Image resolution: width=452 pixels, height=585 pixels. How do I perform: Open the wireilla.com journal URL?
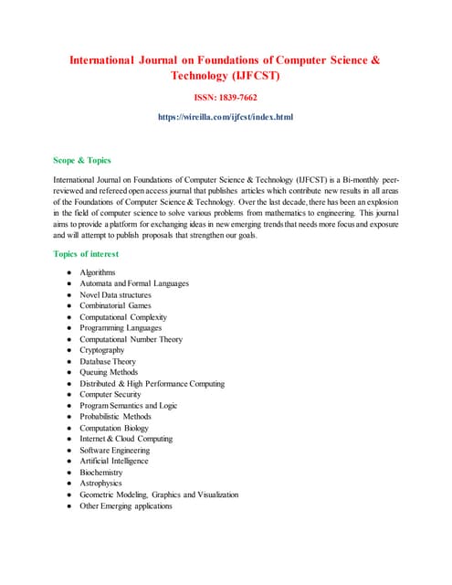[226, 117]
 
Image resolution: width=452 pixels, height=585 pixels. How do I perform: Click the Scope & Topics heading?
[82, 160]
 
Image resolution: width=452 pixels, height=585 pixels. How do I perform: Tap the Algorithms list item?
[98, 272]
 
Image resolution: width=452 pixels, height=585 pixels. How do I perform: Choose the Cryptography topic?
[102, 350]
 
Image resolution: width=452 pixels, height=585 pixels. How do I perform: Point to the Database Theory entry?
[108, 361]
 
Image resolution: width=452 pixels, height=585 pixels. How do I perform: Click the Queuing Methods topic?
[109, 372]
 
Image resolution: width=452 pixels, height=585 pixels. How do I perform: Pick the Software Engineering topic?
[114, 450]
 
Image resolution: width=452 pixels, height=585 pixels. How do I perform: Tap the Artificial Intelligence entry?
[114, 461]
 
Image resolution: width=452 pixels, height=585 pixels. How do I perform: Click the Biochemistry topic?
[101, 473]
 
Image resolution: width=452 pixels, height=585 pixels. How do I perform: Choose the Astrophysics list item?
[100, 484]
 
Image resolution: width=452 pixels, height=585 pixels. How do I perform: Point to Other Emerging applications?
[125, 505]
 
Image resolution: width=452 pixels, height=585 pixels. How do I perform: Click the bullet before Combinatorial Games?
[68, 306]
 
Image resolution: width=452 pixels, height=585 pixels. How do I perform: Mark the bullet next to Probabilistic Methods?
[68, 417]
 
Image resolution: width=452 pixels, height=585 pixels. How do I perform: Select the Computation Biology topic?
[113, 428]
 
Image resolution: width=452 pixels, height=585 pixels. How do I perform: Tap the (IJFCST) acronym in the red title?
[250, 77]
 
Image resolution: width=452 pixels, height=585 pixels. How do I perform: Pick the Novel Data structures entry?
[115, 294]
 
